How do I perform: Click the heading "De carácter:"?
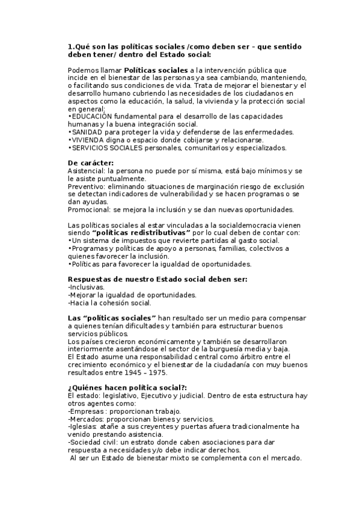[x=91, y=163]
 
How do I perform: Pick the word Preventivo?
[x=84, y=186]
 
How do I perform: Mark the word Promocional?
[x=87, y=210]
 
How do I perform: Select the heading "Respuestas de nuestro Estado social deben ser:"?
[x=157, y=279]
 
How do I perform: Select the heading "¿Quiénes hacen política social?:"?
[x=127, y=387]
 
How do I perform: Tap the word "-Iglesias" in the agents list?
[x=85, y=426]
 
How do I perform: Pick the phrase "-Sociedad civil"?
[x=93, y=442]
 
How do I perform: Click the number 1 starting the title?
[x=70, y=47]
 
